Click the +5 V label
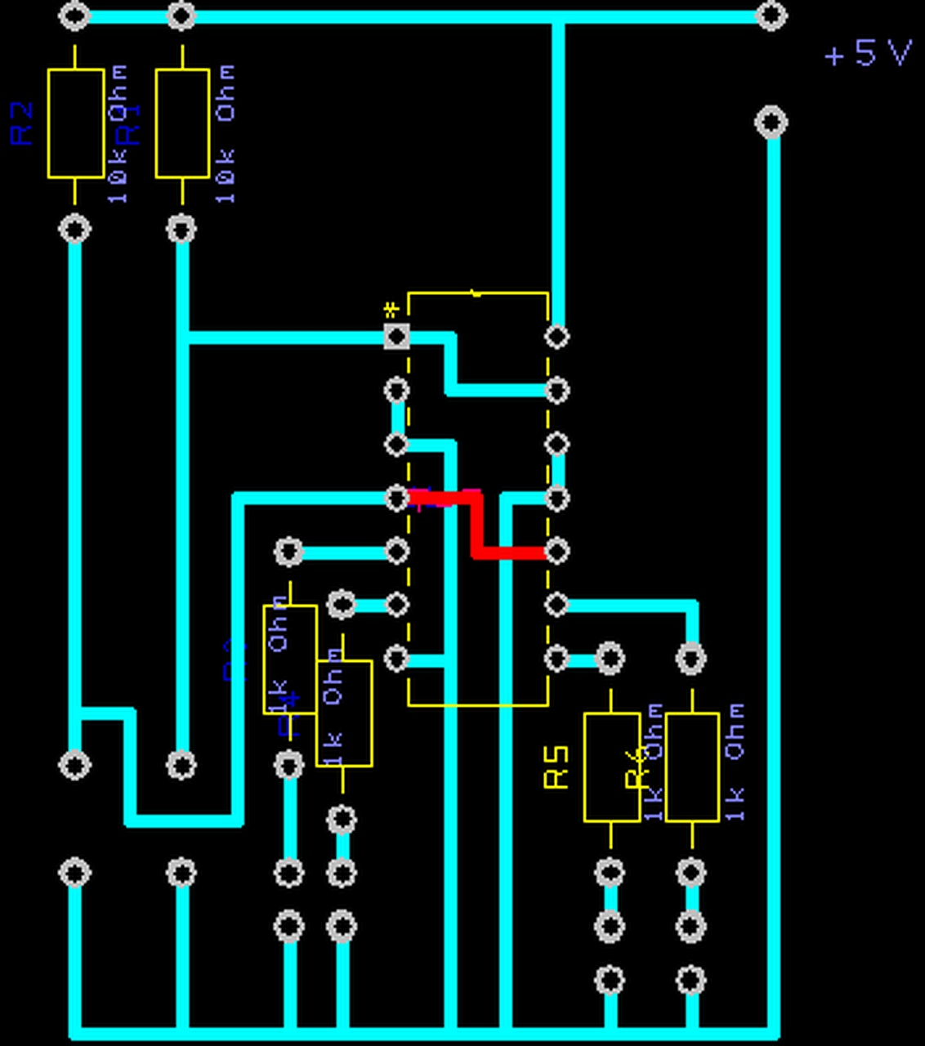click(x=868, y=54)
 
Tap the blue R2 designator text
click(x=23, y=123)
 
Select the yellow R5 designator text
click(x=556, y=767)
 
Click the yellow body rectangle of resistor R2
click(x=75, y=123)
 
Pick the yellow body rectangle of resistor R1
click(x=182, y=123)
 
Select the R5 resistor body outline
click(x=611, y=767)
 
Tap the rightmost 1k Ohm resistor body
click(x=692, y=767)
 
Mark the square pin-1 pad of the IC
click(x=396, y=336)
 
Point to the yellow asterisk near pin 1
click(x=391, y=311)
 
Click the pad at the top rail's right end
click(x=771, y=16)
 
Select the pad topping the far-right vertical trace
click(x=771, y=123)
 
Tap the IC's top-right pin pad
click(x=556, y=336)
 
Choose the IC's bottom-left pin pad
click(x=396, y=658)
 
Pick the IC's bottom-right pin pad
click(x=556, y=658)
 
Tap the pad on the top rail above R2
click(x=74, y=16)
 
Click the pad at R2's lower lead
click(x=74, y=230)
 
